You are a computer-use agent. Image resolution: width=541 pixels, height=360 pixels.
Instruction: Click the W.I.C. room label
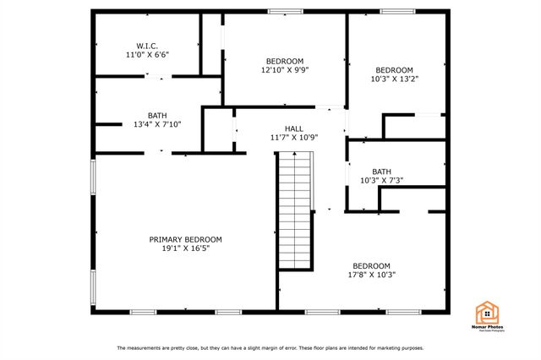(147, 46)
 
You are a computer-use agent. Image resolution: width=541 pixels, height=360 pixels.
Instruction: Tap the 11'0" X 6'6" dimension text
(147, 55)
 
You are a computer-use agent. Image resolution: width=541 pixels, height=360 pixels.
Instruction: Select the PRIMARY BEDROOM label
(186, 239)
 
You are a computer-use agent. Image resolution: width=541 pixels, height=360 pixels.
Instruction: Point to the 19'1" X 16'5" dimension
(186, 248)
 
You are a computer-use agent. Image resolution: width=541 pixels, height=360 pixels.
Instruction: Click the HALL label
(293, 128)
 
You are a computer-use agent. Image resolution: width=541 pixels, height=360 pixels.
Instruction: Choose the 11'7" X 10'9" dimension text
(293, 138)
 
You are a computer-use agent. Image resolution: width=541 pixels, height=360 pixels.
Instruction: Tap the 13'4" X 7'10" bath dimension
(158, 124)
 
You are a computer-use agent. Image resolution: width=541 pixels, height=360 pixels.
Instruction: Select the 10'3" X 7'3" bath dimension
(382, 180)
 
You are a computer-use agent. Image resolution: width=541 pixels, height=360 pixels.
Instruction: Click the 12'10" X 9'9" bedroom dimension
(285, 70)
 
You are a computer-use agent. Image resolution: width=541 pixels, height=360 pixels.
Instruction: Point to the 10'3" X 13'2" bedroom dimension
(395, 79)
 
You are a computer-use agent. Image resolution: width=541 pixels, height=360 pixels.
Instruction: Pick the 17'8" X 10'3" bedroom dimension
(372, 275)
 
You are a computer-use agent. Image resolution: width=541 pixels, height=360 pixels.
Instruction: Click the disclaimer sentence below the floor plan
(270, 348)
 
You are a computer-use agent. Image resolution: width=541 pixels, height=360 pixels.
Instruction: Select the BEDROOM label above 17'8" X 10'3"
(372, 265)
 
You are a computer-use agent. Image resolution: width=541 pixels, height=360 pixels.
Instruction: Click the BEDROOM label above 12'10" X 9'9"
(285, 61)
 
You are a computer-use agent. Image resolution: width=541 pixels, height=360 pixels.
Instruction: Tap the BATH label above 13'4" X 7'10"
(158, 115)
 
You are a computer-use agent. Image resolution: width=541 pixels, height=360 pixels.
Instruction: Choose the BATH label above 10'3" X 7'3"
(382, 171)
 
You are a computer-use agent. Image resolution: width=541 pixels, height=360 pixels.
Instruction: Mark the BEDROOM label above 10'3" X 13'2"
(395, 70)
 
